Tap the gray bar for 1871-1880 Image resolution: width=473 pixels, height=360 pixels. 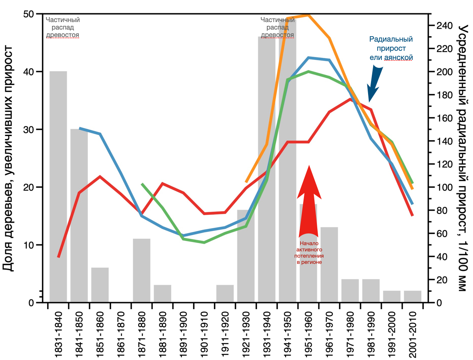(142, 271)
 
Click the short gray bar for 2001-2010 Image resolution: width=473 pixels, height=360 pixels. (413, 296)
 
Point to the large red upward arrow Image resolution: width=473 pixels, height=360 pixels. (309, 200)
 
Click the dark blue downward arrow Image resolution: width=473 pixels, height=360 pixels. (375, 83)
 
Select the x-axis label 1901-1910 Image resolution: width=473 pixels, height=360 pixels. (204, 333)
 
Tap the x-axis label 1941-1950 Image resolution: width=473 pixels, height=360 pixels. (288, 333)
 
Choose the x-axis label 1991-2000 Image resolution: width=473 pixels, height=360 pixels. (392, 333)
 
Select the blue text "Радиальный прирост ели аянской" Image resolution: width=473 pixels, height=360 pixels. (391, 48)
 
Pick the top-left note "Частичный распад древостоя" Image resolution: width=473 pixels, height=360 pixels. (62, 27)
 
